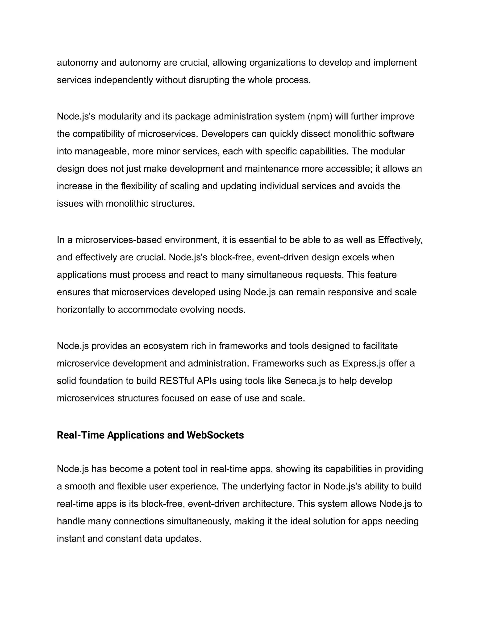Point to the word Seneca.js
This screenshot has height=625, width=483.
click(305, 381)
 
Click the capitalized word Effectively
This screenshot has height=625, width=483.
click(400, 240)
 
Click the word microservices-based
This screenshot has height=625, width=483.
click(118, 240)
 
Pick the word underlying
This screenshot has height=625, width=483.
click(262, 487)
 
